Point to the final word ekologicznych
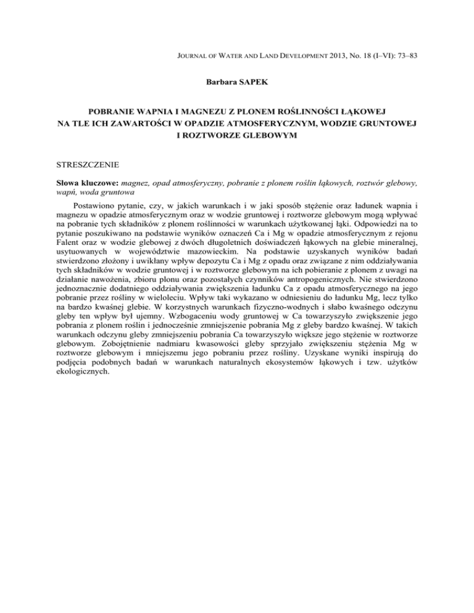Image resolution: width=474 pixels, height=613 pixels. tap(80, 394)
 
